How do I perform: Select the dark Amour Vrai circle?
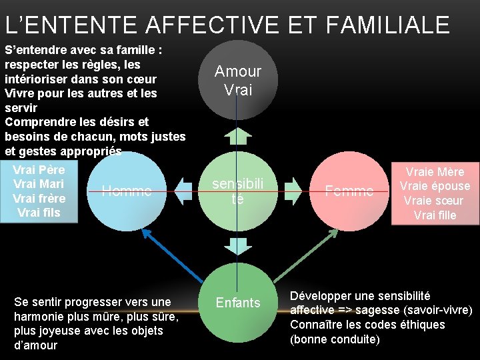click(x=238, y=81)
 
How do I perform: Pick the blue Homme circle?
click(x=127, y=191)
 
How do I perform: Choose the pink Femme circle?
click(x=349, y=191)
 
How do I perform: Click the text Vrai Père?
click(x=39, y=169)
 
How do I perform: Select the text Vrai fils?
click(x=39, y=213)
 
